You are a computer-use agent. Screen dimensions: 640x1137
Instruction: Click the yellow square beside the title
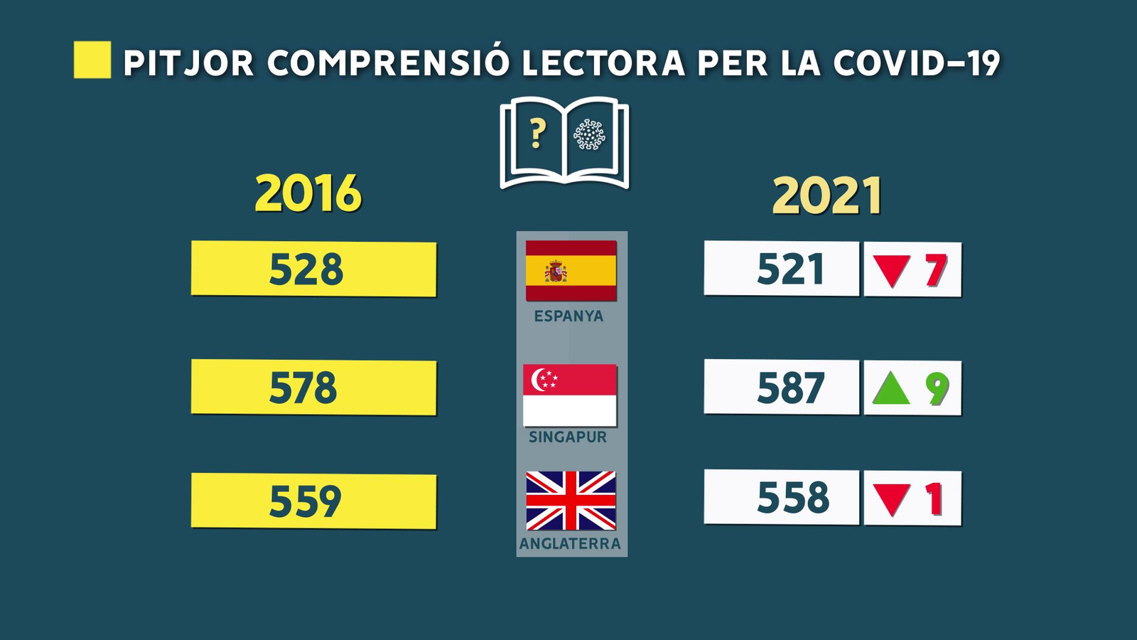(x=92, y=60)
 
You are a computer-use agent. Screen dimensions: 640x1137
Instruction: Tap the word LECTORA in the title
(x=603, y=63)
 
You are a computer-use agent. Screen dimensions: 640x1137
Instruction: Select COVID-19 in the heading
(x=916, y=63)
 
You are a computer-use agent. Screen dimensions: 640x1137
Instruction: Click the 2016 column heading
(x=308, y=193)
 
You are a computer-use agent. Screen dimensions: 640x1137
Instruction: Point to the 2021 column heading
(x=827, y=196)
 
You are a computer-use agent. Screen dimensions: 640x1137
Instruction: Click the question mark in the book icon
(x=538, y=134)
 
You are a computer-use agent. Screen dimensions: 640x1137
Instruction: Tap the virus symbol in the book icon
(x=589, y=134)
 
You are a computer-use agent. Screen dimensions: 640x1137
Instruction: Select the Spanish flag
(x=571, y=270)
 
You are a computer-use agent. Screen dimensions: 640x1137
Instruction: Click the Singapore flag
(x=570, y=395)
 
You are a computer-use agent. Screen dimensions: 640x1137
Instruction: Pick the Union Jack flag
(x=571, y=501)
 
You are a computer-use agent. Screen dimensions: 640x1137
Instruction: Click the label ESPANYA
(x=568, y=316)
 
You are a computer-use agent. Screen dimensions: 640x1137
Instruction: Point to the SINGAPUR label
(x=568, y=437)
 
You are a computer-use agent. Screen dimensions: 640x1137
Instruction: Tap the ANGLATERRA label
(x=570, y=544)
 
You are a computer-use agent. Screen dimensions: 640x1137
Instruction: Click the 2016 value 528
(x=306, y=270)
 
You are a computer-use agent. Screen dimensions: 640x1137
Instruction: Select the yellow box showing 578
(x=313, y=388)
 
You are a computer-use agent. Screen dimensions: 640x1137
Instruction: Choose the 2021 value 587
(x=790, y=388)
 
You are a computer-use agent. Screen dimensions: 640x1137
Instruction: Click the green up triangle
(x=891, y=389)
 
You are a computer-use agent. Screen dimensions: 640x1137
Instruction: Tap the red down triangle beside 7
(x=891, y=271)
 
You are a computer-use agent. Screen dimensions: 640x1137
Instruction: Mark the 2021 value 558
(x=792, y=497)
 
